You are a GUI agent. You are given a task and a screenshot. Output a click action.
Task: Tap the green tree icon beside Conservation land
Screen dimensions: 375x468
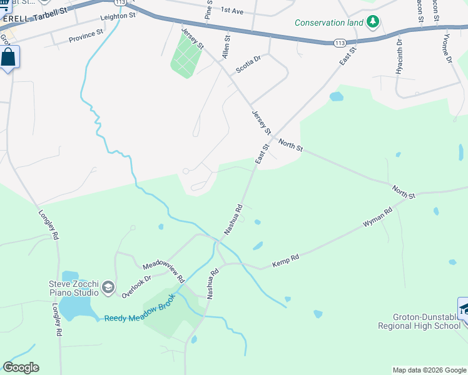click(374, 22)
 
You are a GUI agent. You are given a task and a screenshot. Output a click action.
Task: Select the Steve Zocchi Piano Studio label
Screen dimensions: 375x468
click(74, 288)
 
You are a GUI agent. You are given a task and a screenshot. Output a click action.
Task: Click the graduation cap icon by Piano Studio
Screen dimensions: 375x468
click(108, 287)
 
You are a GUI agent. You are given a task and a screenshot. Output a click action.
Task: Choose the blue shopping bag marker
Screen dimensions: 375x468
click(9, 58)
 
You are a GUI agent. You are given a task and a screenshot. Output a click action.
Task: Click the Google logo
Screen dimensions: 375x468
click(21, 367)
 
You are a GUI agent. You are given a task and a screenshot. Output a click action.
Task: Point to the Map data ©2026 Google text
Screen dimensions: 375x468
click(429, 370)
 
